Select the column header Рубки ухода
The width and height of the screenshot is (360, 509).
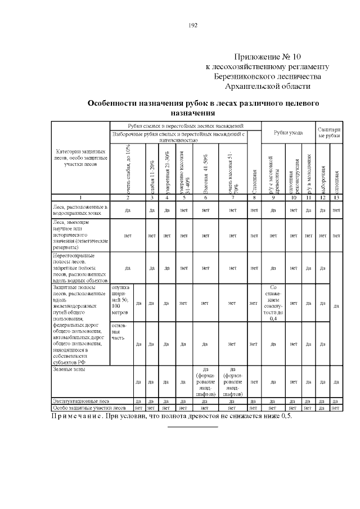(288, 133)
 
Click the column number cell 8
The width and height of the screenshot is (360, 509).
(254, 197)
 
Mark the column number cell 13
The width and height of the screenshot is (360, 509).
(335, 197)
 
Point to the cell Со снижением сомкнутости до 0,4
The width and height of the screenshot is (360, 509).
(273, 303)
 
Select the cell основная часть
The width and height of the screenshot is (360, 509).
(120, 331)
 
